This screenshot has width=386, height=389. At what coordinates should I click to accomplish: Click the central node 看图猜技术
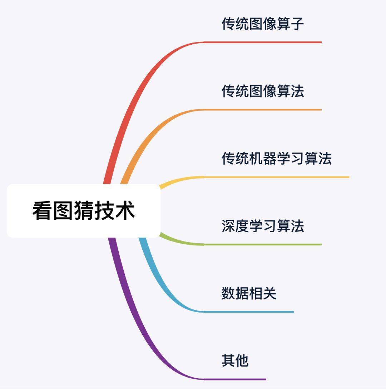(84, 211)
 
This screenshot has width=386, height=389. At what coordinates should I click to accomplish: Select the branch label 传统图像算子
(263, 24)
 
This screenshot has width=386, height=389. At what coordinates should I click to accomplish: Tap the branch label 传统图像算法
(263, 91)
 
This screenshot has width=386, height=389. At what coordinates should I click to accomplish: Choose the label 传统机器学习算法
(277, 159)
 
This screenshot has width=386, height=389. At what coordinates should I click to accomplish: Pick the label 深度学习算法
(263, 226)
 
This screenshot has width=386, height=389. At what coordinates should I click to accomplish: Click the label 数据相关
(249, 294)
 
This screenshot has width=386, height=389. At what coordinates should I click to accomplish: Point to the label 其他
(235, 361)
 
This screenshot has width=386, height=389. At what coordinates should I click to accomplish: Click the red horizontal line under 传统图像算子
(263, 42)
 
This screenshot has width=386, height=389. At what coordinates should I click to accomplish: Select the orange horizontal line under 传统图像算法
(263, 110)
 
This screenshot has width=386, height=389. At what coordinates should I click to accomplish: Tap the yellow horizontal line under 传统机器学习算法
(276, 177)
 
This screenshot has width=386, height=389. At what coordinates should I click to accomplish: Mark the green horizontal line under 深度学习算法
(263, 244)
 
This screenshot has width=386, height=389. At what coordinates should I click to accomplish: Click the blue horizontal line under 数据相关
(249, 312)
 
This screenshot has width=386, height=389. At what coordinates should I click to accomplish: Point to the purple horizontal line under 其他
(235, 379)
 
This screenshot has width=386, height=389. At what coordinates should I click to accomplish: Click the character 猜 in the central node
(84, 211)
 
